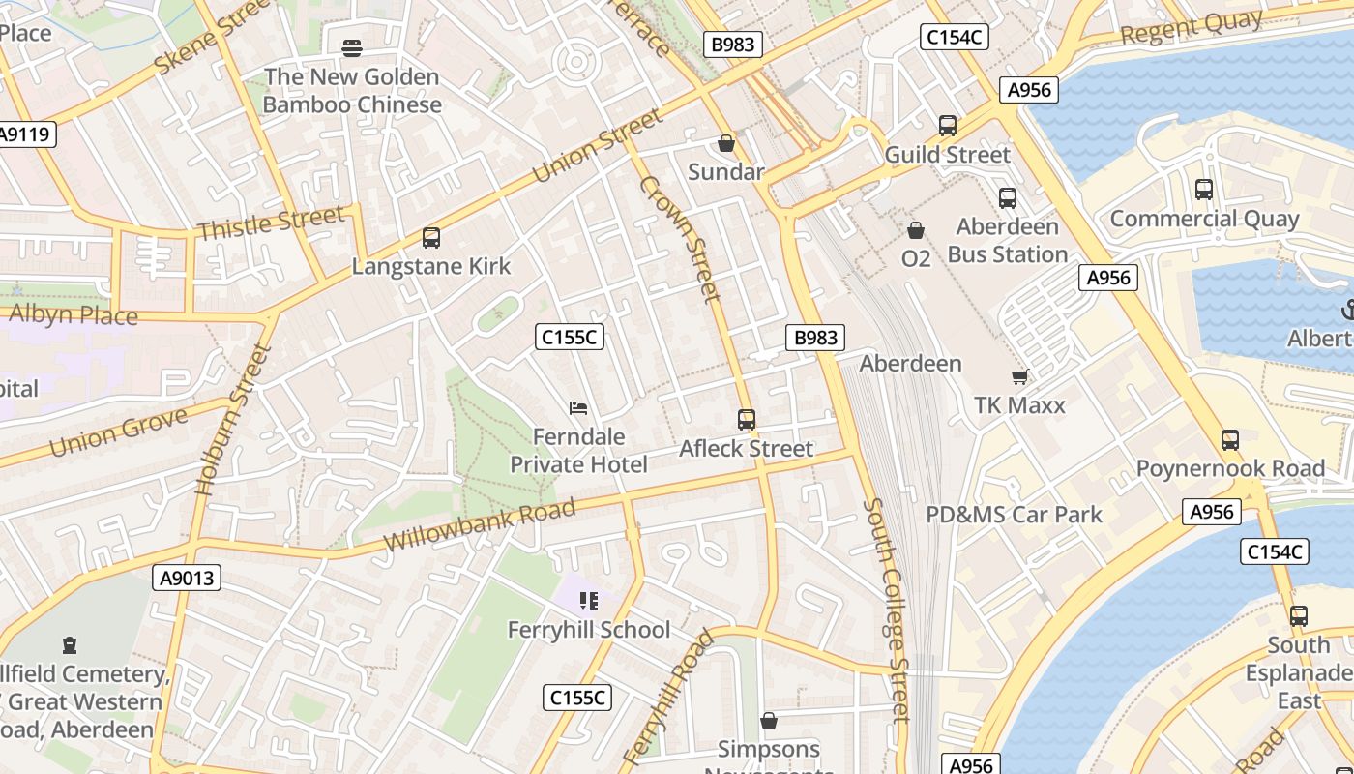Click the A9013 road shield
pos(187,579)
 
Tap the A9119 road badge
pos(25,134)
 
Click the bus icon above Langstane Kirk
pos(431,238)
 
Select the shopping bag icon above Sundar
pos(726,144)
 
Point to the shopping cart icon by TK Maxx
pos(1019,377)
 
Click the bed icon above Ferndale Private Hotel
pos(578,408)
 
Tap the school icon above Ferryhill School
pos(589,602)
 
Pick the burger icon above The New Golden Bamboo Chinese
pos(352,47)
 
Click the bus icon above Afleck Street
pos(747,420)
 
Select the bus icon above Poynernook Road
pos(1229,440)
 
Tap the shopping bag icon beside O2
pos(915,230)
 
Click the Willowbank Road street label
pos(480,525)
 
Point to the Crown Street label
pos(680,238)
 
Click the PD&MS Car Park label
pos(1014,515)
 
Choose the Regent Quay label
pos(1192,28)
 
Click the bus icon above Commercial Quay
pos(1204,190)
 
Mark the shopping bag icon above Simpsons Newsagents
pos(769,721)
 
